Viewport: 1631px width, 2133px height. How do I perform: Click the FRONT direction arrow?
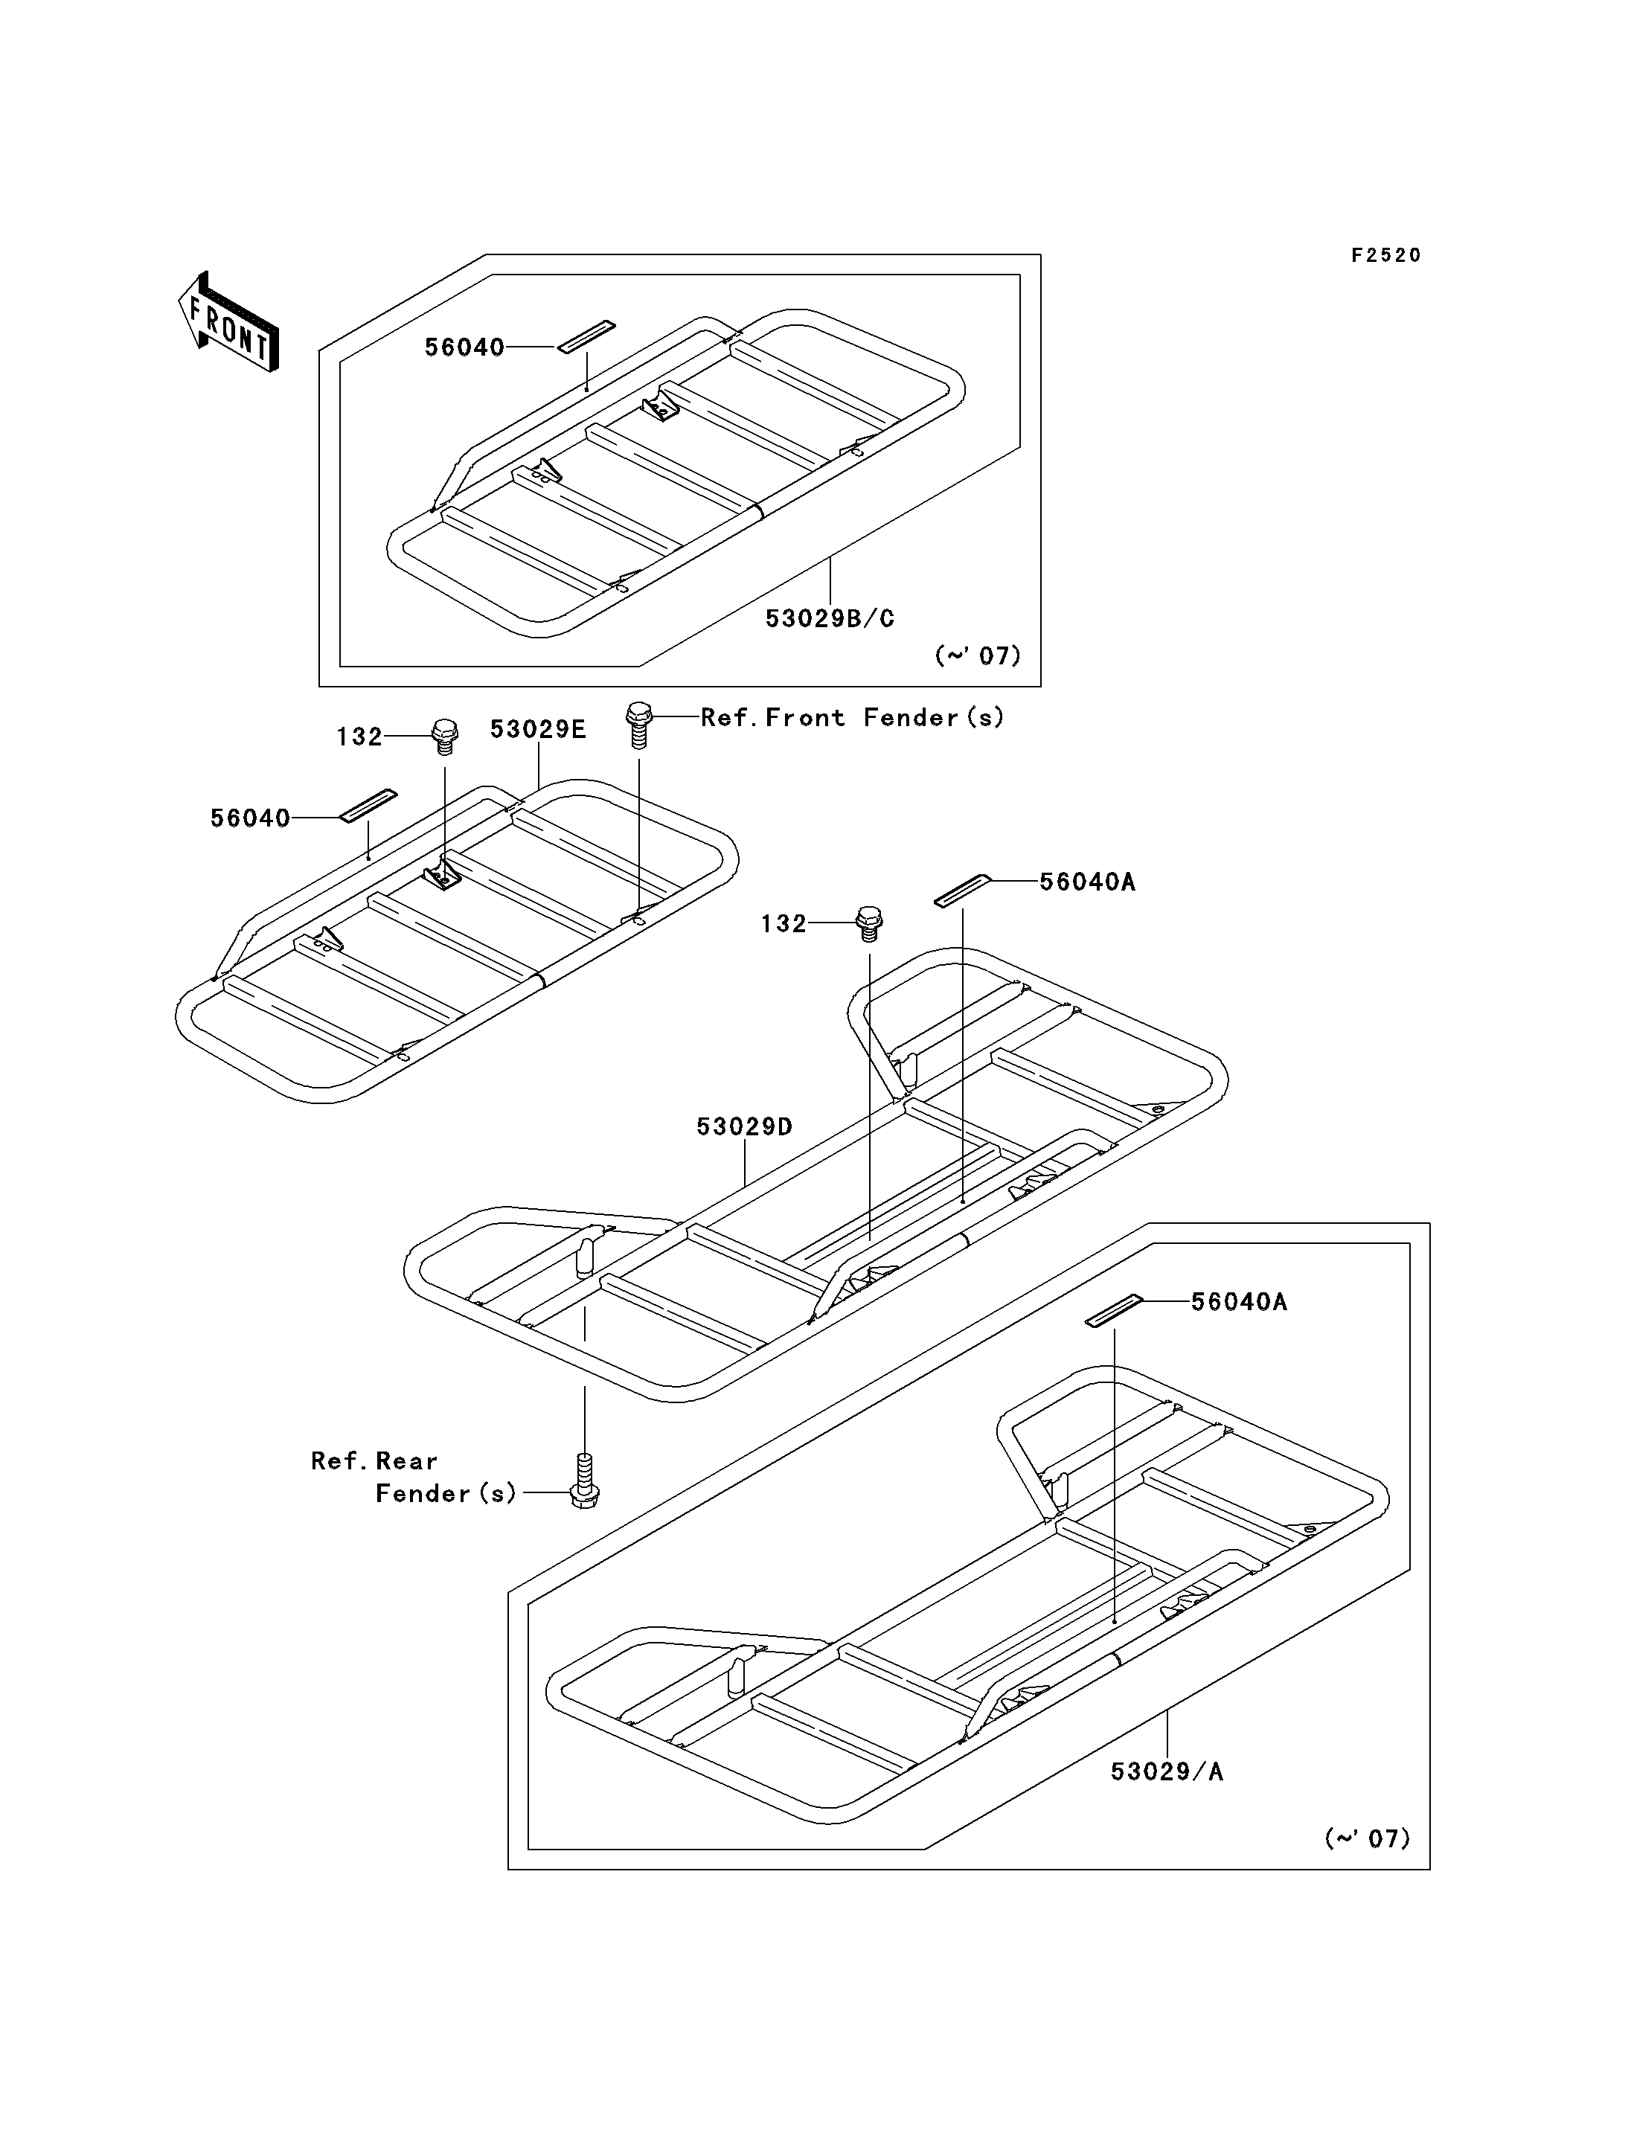[x=229, y=321]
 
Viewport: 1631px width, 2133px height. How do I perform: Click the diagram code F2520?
[x=1385, y=255]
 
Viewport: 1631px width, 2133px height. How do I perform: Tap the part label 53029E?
[x=538, y=729]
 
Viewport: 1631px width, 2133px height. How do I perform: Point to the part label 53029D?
[x=745, y=1126]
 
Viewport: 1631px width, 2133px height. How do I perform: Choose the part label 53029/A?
[x=1167, y=1772]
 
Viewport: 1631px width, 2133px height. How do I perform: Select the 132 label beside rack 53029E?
[x=359, y=737]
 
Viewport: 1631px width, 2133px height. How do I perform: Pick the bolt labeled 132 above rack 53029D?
[x=869, y=923]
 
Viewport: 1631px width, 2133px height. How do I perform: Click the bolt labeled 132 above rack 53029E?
[x=445, y=737]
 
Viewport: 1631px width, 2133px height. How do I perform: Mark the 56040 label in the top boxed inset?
[x=464, y=347]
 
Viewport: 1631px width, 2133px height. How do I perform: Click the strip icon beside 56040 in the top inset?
[x=586, y=336]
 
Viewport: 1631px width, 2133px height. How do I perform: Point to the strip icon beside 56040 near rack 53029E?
[x=368, y=806]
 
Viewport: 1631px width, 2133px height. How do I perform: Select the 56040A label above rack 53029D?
[x=1087, y=882]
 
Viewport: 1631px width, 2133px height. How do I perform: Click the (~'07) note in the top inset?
[x=978, y=655]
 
